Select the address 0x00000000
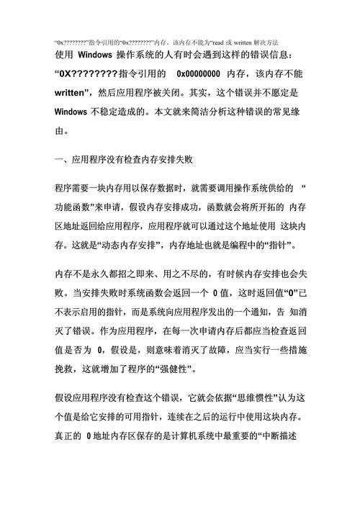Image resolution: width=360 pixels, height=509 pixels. [198, 73]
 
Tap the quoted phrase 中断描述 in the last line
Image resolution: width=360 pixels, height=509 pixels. [287, 436]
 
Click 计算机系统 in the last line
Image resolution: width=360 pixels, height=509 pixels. [184, 436]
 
